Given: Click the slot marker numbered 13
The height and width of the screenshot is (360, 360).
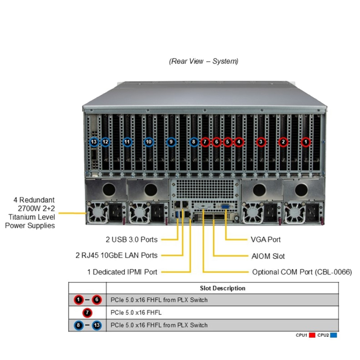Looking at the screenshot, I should point(94,142).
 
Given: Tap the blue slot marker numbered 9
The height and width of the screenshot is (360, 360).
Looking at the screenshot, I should point(171,142).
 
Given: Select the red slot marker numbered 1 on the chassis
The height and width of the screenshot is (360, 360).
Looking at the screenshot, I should point(306,142).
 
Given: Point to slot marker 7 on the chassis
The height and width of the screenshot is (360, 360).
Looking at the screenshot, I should point(205,142).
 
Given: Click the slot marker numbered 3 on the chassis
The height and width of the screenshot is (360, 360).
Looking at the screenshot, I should point(261,142).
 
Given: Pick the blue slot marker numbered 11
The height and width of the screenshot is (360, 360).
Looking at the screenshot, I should point(127,142).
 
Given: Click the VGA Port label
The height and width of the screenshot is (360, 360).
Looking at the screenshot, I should point(266,239).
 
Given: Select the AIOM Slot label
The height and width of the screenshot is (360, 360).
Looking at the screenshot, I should point(268,256).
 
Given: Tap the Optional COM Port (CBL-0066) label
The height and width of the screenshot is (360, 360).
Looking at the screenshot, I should point(302,272).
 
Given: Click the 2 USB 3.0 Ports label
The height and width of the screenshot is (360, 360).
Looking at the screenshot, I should point(131,239).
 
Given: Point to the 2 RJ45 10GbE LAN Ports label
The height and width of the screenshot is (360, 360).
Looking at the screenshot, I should point(116,256).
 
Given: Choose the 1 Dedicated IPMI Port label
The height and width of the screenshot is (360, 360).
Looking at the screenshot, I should point(122,272).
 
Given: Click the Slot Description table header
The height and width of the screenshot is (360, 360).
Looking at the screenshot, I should point(222,288).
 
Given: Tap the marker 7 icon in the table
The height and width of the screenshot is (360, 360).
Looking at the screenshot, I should point(87,312).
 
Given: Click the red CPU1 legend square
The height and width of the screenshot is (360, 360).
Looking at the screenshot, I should point(312,335).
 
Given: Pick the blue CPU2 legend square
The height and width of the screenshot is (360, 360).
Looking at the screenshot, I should point(333,335).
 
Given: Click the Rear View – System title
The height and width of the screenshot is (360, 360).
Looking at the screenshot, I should point(204,61).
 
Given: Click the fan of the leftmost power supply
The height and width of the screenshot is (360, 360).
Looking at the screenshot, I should point(97,213).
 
